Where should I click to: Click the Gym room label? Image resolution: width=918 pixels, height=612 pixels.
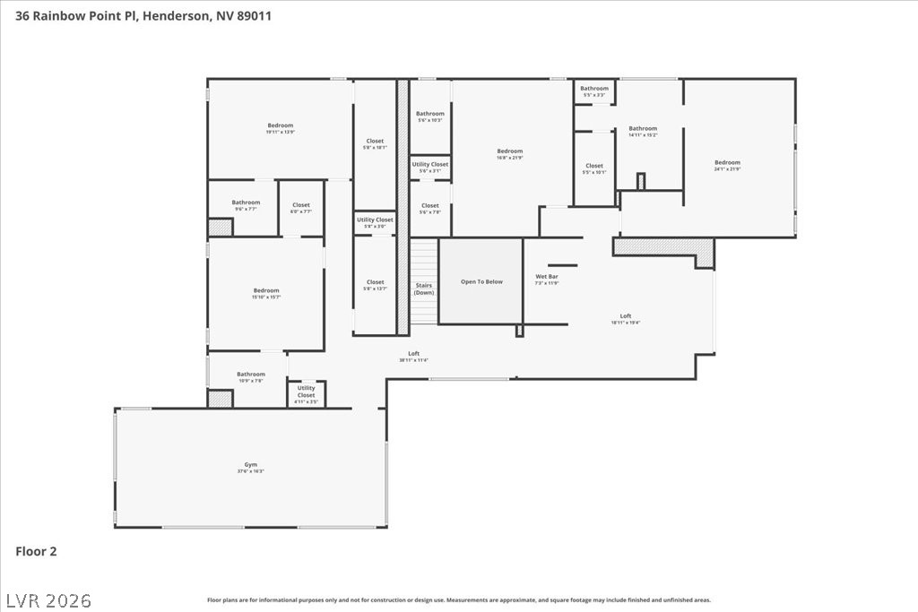coord(251,465)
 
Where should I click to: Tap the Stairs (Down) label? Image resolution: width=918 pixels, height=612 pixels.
coord(424,289)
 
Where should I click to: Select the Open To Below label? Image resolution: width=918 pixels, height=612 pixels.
coord(481,281)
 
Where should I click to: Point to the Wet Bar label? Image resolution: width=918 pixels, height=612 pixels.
coord(547,277)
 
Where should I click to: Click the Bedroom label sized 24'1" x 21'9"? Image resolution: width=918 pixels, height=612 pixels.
coord(727,163)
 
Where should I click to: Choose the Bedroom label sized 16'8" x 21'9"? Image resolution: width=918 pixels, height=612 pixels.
coord(509,151)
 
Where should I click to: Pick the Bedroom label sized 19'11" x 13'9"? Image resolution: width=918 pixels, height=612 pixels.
coord(280,125)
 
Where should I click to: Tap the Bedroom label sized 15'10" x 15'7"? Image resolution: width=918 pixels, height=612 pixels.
coord(266,290)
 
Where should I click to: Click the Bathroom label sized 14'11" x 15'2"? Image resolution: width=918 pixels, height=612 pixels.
coord(642,129)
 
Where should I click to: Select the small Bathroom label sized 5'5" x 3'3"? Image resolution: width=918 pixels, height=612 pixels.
coord(593,89)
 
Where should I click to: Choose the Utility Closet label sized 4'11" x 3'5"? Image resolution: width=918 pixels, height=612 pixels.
coord(306,392)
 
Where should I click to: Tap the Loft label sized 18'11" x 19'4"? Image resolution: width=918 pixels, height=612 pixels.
coord(626,316)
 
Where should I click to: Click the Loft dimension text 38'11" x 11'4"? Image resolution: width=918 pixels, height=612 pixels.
coord(414,360)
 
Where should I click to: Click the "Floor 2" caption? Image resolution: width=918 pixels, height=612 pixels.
coord(36,552)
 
